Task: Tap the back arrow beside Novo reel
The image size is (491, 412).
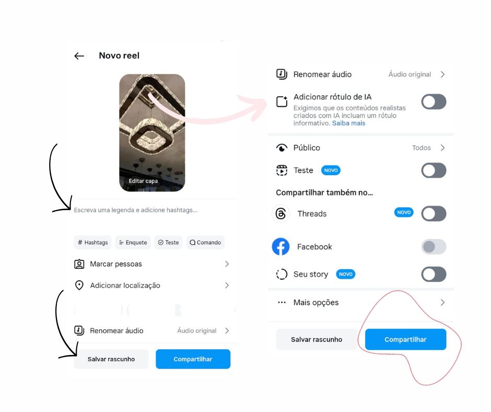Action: point(79,56)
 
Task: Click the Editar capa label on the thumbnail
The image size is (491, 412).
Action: point(143,181)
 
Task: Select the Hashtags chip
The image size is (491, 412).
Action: point(93,243)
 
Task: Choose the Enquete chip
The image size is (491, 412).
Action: point(133,243)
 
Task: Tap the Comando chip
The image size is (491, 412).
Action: point(205,243)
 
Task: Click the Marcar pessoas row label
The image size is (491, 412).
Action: point(116,264)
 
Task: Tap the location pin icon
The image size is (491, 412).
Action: point(79,285)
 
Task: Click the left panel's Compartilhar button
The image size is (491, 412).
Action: point(193,359)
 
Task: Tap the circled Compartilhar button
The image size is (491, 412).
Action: point(405,339)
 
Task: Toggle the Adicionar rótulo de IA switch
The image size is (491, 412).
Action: point(434,102)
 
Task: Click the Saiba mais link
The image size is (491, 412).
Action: point(348,123)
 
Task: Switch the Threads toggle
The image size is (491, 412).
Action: point(434,213)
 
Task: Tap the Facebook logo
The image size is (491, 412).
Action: point(280,247)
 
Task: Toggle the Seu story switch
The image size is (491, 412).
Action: point(434,274)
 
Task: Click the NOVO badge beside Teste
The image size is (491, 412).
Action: point(331,170)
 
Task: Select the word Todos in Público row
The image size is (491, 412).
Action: point(421,148)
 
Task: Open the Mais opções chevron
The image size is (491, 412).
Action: point(442,303)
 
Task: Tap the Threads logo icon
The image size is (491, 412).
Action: point(281,213)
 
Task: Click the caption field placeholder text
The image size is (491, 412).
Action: point(136,210)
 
